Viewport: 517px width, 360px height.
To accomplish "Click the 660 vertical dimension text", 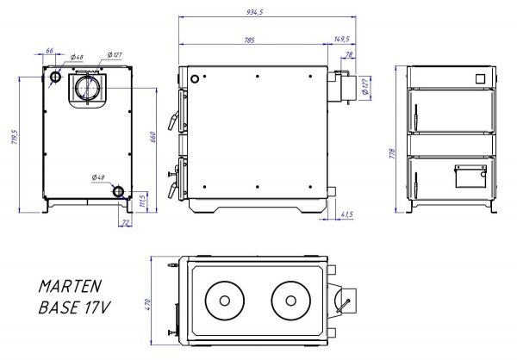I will (153, 141).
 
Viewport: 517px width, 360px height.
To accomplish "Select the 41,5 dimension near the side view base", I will (346, 214).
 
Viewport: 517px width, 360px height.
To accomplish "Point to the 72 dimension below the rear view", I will (125, 223).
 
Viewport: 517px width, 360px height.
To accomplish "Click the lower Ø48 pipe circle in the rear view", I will (118, 190).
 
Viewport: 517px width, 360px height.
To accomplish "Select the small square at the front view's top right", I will (479, 77).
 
